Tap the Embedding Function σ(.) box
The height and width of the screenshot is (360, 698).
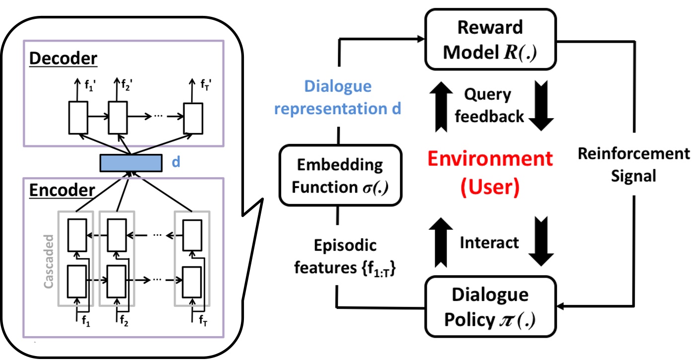[x=341, y=175]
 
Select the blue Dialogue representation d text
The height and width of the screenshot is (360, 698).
[x=338, y=98]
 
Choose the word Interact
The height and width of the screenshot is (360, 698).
[x=489, y=242]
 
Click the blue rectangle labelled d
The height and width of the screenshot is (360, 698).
[x=131, y=163]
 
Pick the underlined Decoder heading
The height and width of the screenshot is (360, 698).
[x=64, y=59]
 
